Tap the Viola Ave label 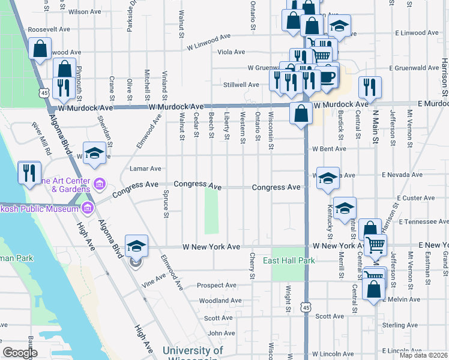(x=231, y=52)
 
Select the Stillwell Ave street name (x=241, y=85)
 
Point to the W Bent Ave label (x=328, y=149)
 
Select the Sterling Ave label (x=395, y=325)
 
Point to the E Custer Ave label (x=415, y=198)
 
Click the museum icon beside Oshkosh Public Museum (x=88, y=208)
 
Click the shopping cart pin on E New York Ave (x=375, y=244)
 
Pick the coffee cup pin (x=327, y=77)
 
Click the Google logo (x=20, y=353)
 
